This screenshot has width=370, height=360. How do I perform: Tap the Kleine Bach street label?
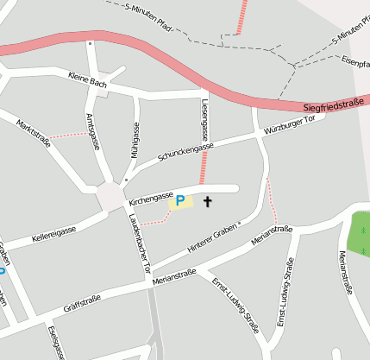point(87,79)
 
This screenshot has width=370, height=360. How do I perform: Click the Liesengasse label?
point(204,119)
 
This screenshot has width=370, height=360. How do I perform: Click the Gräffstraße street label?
point(82,303)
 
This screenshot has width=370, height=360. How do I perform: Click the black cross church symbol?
point(207,202)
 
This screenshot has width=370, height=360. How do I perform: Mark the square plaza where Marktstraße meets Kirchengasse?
point(111,198)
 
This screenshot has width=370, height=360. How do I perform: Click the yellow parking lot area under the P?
point(181,205)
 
